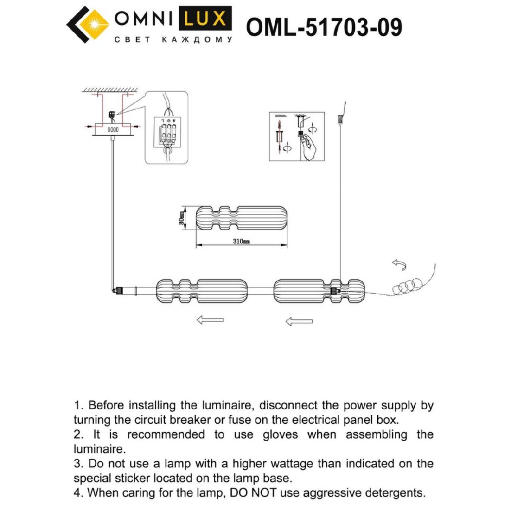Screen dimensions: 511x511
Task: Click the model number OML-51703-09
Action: (324, 28)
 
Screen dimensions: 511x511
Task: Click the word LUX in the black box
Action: (205, 19)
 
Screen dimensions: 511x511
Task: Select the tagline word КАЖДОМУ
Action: (198, 40)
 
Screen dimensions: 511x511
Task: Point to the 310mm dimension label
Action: (241, 241)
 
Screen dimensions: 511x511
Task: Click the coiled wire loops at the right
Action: (407, 285)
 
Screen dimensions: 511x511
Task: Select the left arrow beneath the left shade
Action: (210, 320)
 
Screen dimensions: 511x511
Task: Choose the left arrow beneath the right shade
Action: (299, 321)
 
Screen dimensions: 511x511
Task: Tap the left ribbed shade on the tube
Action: (201, 291)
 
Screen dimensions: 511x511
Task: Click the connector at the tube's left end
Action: (116, 291)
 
